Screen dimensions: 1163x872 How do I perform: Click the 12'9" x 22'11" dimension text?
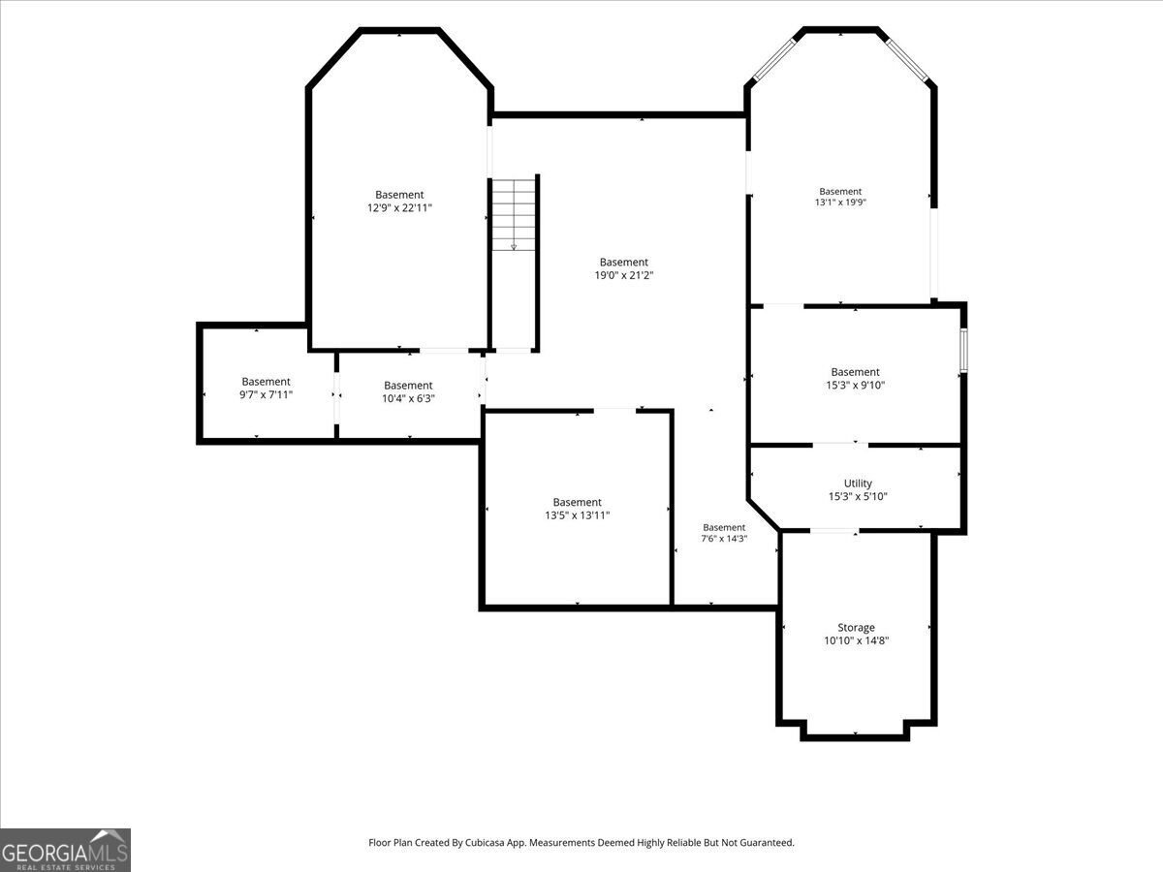coord(399,208)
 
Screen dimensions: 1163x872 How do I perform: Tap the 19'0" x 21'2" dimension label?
coord(623,275)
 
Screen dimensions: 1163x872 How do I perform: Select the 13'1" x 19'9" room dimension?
coord(840,202)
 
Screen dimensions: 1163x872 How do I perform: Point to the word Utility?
coord(858,483)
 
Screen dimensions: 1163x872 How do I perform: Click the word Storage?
coord(856,628)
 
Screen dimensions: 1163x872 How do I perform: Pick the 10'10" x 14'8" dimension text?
coord(856,640)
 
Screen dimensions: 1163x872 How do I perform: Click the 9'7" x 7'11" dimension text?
coord(266,395)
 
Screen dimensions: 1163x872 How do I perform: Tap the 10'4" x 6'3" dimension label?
coord(409,398)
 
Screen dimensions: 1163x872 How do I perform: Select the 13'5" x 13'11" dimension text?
coord(578,515)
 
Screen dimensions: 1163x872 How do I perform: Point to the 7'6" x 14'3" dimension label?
coord(724,539)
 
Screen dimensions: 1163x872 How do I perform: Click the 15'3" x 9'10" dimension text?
coord(855,386)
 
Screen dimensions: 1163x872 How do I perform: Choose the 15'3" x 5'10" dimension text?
coord(858,497)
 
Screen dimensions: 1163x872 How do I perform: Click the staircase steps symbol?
coord(514,215)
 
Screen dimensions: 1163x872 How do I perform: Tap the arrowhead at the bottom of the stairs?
coord(514,247)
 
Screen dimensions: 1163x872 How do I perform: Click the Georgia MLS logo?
coord(65,851)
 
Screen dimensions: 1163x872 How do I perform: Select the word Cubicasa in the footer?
coord(485,842)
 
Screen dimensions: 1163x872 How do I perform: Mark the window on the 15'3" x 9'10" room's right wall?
coord(963,349)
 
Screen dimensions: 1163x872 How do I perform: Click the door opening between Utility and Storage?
coord(834,531)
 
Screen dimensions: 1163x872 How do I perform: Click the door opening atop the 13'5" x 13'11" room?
coord(614,410)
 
